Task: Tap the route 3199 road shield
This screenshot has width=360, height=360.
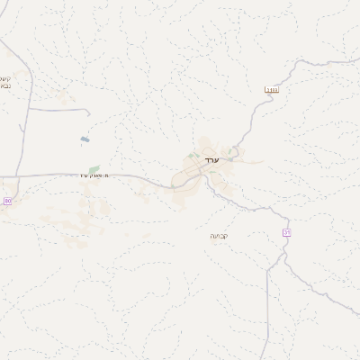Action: coord(271,89)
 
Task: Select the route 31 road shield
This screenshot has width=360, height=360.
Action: coord(287,232)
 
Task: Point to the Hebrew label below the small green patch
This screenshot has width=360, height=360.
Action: coord(93,175)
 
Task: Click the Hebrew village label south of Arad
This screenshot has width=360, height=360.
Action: coord(219,236)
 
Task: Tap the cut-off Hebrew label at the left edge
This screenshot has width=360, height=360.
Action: coord(5,82)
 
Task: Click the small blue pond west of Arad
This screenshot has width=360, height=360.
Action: coord(85,139)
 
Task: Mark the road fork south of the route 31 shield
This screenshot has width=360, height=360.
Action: coord(282,255)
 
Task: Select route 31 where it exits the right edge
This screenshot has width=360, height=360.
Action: coord(357,314)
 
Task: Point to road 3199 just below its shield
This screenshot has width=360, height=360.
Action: coord(265,103)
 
